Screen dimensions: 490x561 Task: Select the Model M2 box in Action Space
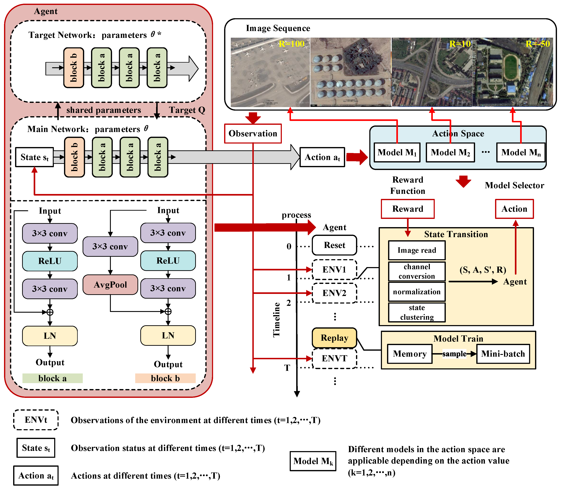(450, 152)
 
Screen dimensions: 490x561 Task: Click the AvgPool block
(110, 285)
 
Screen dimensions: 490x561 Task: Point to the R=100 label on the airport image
(291, 44)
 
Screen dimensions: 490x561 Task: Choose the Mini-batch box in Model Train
(503, 354)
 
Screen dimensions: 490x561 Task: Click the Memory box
(410, 354)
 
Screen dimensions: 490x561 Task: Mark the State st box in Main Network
(35, 157)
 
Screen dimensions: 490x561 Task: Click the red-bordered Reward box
(408, 209)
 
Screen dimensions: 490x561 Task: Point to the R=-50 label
(538, 44)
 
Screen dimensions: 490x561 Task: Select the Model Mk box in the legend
(313, 461)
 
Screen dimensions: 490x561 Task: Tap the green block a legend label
(53, 378)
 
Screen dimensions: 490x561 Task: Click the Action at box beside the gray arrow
(322, 157)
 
